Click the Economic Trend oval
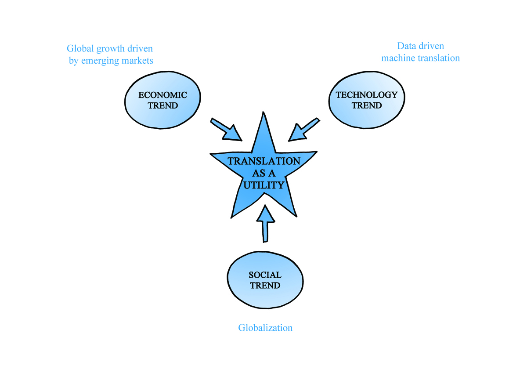[162, 101]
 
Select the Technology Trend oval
[367, 101]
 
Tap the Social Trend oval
[265, 280]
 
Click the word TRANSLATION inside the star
[263, 161]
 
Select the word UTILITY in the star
[263, 185]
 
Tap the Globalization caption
[265, 328]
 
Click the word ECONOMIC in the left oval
[162, 95]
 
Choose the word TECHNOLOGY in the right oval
[367, 95]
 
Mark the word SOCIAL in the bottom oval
[265, 275]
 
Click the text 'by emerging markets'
[111, 61]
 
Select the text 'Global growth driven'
[109, 48]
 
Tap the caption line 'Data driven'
[420, 46]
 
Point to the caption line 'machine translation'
[420, 58]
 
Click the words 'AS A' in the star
[263, 173]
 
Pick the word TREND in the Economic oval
[162, 106]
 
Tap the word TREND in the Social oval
[265, 286]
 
